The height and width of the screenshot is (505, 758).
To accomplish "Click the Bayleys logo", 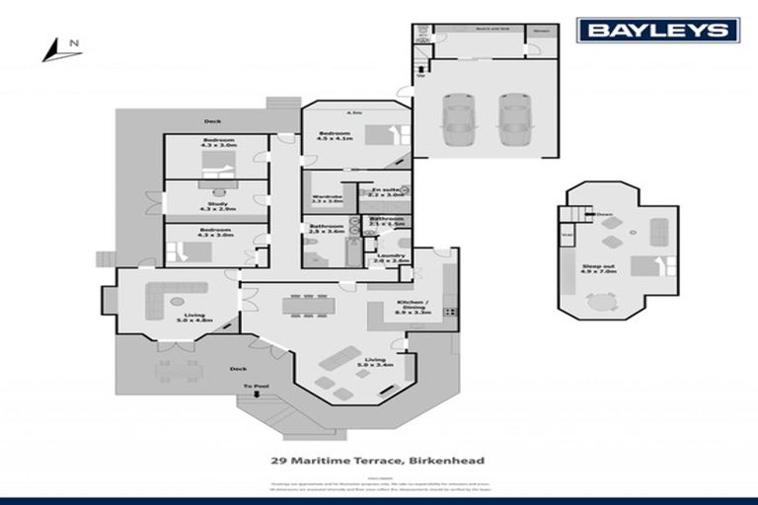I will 658,30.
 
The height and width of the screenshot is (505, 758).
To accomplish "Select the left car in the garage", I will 457,116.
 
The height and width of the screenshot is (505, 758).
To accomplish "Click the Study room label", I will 213,206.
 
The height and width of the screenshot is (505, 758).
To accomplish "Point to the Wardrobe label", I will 327,199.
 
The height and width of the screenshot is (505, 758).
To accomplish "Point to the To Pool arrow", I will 255,392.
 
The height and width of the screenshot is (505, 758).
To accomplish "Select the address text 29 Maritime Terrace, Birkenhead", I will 378,460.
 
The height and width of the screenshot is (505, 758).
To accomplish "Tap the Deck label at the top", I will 212,121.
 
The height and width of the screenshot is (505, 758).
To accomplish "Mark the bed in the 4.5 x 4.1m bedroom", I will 383,134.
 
